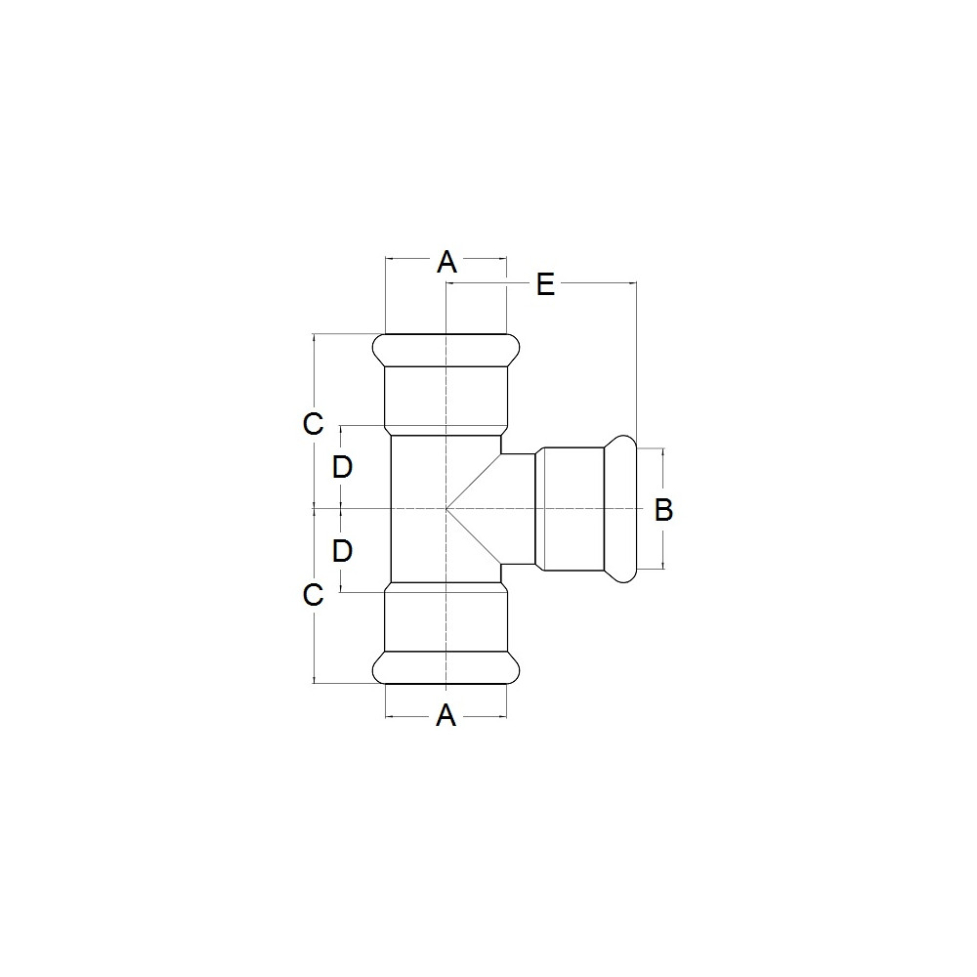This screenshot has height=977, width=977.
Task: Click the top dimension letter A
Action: tap(446, 262)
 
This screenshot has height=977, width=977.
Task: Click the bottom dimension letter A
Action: tap(446, 715)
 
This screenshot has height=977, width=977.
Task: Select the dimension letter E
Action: tap(546, 284)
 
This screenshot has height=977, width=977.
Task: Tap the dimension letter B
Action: tap(663, 510)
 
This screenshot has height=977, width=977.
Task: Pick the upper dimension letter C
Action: tap(313, 424)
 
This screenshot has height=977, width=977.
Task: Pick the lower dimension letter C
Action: tap(313, 594)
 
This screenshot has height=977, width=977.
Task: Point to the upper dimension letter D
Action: tap(342, 467)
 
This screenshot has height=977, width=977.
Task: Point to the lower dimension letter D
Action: tap(342, 551)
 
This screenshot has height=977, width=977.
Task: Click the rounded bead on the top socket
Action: tap(446, 350)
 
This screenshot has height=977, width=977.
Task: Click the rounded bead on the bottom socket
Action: tap(446, 667)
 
